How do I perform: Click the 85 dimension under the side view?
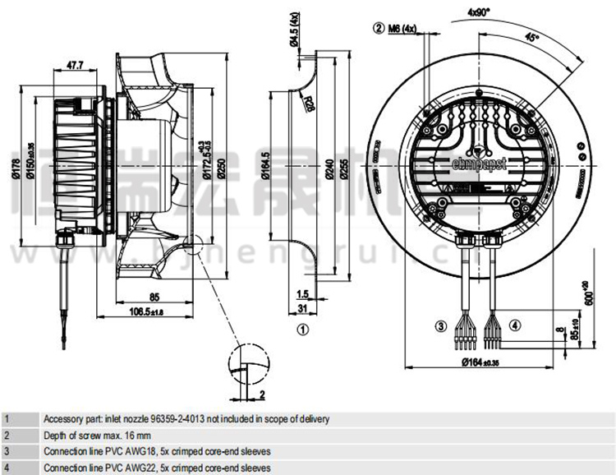coord(154,297)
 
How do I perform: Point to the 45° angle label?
coord(533,37)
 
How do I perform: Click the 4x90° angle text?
coord(479,12)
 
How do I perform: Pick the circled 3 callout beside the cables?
coord(440,326)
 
